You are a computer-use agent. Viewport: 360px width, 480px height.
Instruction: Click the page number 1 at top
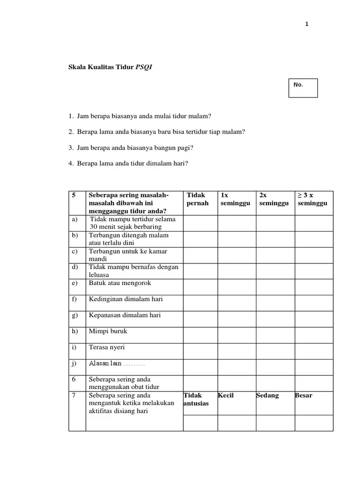click(307, 24)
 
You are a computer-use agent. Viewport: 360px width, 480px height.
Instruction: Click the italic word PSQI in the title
click(144, 67)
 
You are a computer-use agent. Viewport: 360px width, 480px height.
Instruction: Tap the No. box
click(303, 88)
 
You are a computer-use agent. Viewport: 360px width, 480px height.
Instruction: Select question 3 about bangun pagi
click(132, 148)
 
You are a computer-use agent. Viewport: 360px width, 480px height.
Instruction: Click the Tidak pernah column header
click(197, 199)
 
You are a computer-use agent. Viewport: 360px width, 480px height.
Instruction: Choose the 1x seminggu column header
click(235, 199)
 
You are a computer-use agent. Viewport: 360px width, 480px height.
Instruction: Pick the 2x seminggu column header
click(274, 199)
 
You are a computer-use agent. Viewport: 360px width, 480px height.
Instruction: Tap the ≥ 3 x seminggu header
click(312, 199)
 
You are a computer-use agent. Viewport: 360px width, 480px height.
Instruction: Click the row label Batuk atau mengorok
click(120, 283)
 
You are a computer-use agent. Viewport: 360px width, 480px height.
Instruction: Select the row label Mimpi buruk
click(108, 331)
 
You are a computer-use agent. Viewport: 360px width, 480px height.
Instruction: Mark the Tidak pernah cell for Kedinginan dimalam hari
click(200, 303)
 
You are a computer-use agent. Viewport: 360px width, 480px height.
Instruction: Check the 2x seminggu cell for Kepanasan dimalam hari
click(275, 319)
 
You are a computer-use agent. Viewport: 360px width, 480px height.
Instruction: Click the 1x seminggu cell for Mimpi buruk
click(237, 335)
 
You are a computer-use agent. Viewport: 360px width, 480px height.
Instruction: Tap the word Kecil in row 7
click(226, 395)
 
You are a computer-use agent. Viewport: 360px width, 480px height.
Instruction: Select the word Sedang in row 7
click(268, 395)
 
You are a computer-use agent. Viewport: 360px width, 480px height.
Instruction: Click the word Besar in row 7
click(304, 395)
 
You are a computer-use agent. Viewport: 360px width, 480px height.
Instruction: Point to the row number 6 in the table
click(74, 379)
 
